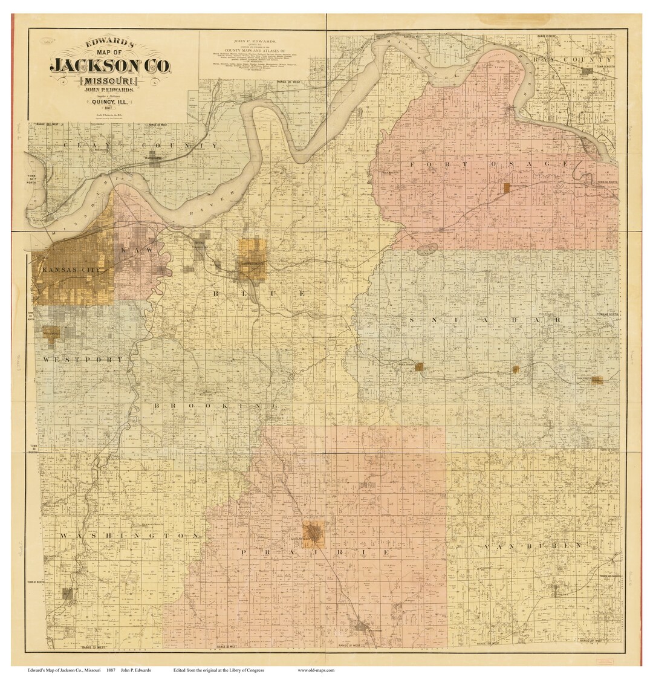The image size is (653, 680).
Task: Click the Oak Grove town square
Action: [596, 380]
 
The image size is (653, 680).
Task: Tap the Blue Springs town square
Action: [418, 366]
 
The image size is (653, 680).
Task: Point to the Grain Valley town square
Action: [515, 369]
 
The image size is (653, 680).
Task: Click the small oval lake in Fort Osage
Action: [427, 248]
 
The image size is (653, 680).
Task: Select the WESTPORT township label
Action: [82, 360]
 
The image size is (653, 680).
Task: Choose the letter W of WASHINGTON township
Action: [63, 536]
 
